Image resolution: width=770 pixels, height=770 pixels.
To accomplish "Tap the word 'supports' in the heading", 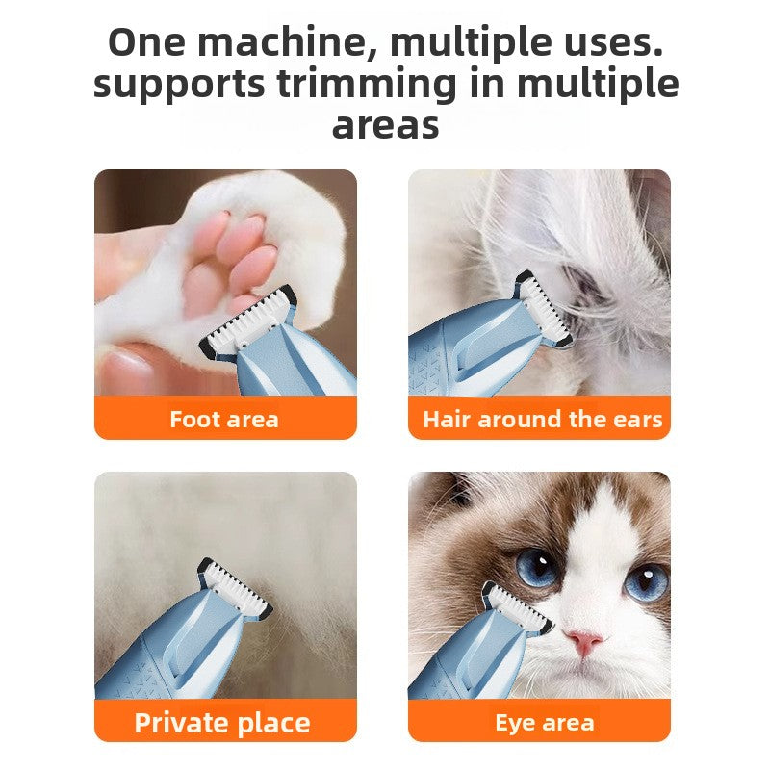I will [x=179, y=85].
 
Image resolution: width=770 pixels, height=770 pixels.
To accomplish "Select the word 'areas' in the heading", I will [x=385, y=125].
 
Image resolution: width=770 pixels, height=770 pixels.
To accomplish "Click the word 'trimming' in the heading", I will [x=366, y=85].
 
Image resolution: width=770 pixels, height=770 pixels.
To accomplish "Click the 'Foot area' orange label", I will [x=224, y=419].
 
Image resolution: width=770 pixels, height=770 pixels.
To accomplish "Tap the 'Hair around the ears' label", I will [x=542, y=419].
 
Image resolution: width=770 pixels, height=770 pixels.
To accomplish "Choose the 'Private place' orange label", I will [x=222, y=722].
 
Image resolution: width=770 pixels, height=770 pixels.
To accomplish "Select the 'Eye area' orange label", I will [x=543, y=722].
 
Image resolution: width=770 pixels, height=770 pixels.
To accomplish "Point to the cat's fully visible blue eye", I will [x=537, y=567].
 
